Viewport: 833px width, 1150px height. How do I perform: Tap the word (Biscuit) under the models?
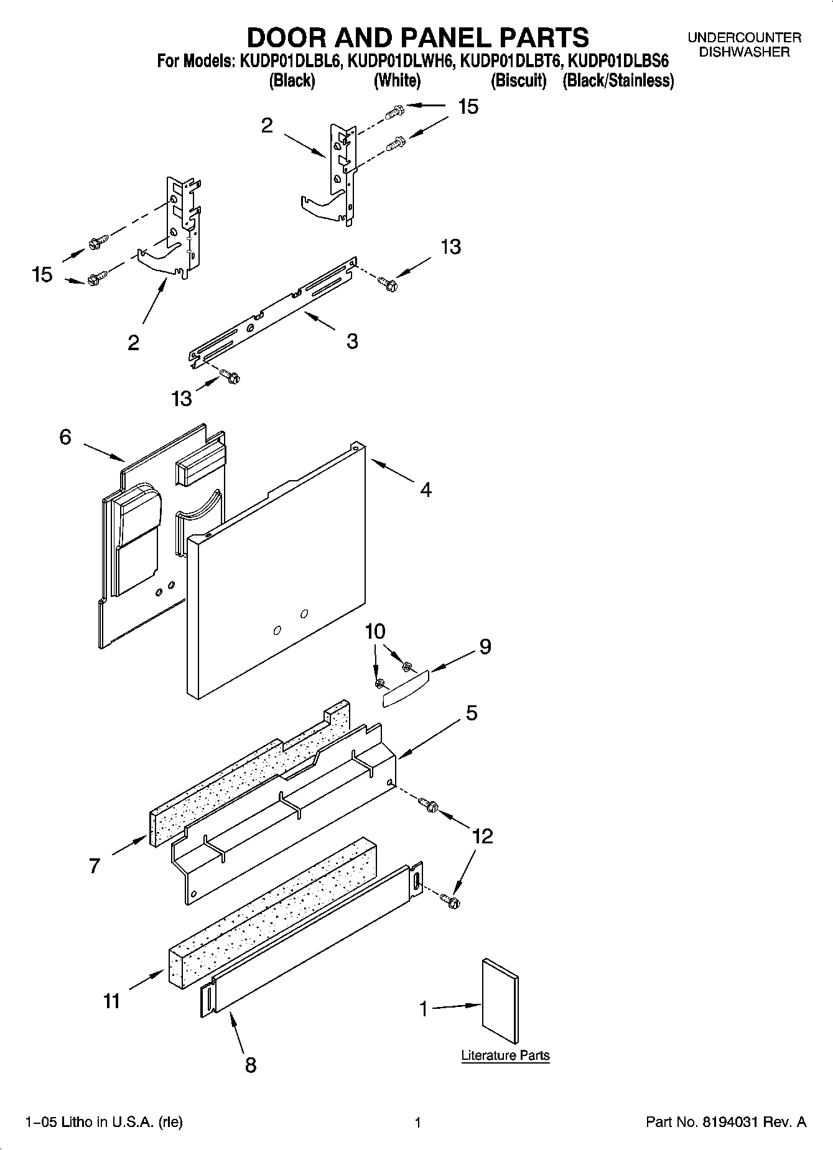pyautogui.click(x=518, y=81)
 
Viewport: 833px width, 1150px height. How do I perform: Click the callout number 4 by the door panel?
pyautogui.click(x=426, y=490)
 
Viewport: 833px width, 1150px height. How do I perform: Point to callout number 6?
pyautogui.click(x=65, y=437)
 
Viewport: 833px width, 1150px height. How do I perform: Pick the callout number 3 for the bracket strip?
pyautogui.click(x=352, y=341)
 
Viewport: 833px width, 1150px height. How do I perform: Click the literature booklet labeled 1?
pyautogui.click(x=500, y=1001)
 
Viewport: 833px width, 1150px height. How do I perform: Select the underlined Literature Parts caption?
pyautogui.click(x=505, y=1055)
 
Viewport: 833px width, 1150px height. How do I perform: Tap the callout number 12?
pyautogui.click(x=483, y=836)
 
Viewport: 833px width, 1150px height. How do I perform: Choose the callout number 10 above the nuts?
pyautogui.click(x=375, y=632)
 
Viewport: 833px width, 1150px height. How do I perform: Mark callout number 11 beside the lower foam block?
pyautogui.click(x=112, y=1001)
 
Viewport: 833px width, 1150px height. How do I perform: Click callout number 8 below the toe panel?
pyautogui.click(x=250, y=1065)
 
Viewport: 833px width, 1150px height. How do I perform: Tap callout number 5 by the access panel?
pyautogui.click(x=472, y=713)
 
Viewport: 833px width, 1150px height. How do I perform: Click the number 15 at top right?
pyautogui.click(x=468, y=107)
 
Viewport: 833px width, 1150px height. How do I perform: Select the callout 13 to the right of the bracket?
pyautogui.click(x=450, y=247)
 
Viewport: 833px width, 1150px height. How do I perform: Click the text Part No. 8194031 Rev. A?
pyautogui.click(x=726, y=1123)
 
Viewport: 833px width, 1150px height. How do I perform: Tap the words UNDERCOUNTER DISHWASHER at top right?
pyautogui.click(x=744, y=45)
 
